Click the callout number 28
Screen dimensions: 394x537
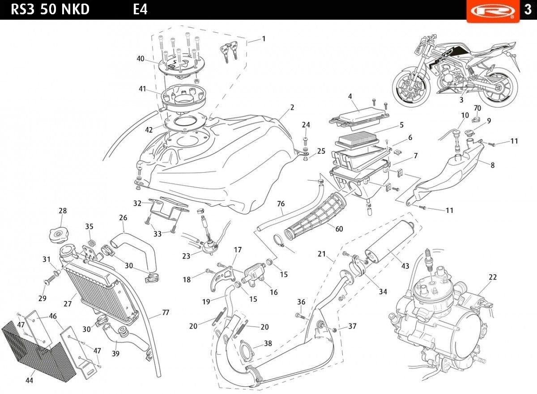tap(62, 211)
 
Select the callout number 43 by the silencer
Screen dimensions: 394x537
tap(405, 267)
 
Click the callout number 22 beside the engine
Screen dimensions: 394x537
tap(493, 277)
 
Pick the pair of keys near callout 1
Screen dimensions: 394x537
tap(229, 51)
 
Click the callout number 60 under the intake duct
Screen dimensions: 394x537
tap(339, 229)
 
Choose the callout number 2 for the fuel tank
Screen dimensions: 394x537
tap(292, 107)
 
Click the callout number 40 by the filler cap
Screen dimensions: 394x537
tap(141, 59)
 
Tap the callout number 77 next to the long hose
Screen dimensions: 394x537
tap(165, 313)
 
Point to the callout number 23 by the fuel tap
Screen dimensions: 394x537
tap(186, 256)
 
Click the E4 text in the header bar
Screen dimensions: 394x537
tap(140, 9)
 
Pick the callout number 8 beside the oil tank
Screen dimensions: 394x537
tap(492, 165)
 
